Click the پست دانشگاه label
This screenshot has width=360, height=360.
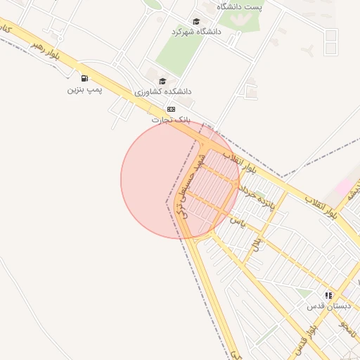click(x=239, y=6)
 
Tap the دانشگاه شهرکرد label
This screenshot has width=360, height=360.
click(x=196, y=32)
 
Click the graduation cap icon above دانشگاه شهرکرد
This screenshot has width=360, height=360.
click(x=196, y=21)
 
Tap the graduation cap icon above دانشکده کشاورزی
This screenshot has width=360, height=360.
click(x=163, y=81)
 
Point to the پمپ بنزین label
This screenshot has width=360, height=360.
click(x=84, y=90)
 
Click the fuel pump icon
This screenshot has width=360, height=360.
click(x=84, y=79)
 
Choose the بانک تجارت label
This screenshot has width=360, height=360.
click(x=171, y=120)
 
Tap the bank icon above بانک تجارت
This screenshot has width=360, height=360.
click(x=171, y=110)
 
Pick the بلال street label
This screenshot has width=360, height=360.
click(x=256, y=244)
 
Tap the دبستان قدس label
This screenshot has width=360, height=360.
click(x=328, y=307)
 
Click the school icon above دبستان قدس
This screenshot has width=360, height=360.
click(x=328, y=296)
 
